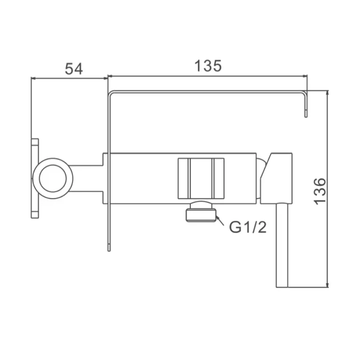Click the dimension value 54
point(74,69)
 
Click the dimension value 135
point(208,66)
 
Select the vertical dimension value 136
point(319,191)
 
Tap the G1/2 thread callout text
point(248,227)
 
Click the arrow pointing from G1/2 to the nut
point(220,221)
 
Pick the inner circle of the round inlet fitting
point(53,178)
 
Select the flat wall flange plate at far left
point(34,178)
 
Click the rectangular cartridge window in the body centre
point(201,178)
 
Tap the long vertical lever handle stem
point(282,245)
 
